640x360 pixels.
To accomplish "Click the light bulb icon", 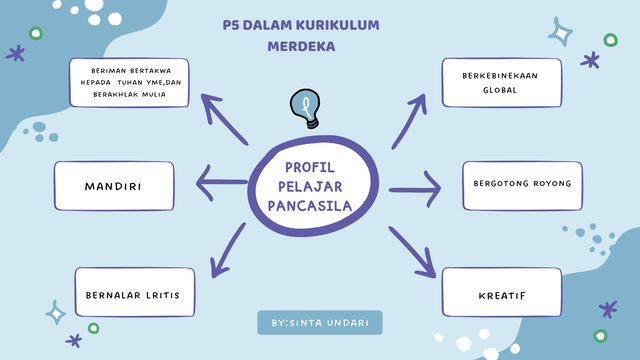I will pos(305,108).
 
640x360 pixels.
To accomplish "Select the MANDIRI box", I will pos(115,187).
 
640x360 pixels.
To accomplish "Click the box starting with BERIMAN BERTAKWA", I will pos(140,82).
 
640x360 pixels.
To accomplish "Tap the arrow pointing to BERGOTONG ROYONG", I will pos(414,187).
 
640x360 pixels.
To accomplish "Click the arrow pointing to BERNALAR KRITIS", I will pos(227,250).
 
